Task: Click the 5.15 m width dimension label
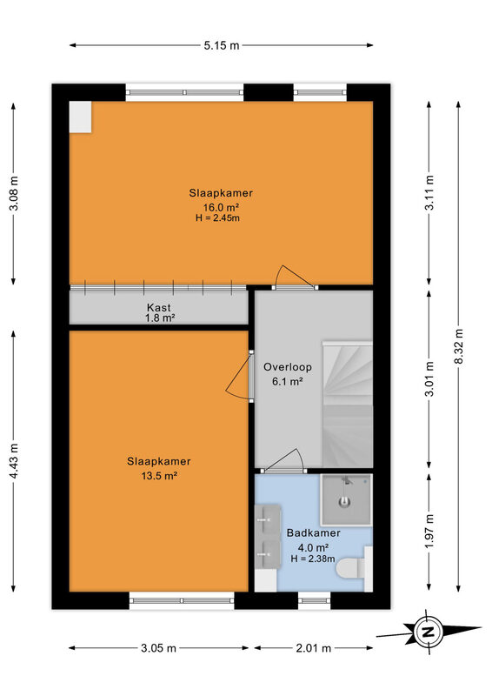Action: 222,45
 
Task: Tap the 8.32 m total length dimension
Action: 459,346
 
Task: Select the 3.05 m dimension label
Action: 158,648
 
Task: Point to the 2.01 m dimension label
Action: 313,648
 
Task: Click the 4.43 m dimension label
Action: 14,461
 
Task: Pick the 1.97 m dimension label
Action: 429,531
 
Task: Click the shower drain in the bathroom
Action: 345,502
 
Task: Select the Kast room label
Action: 159,307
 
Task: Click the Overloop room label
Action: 288,367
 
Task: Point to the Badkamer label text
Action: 313,532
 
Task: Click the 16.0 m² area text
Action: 221,207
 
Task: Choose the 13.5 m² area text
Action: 159,476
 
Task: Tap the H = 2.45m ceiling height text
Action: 217,218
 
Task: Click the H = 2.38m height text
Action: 313,559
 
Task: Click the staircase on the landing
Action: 347,404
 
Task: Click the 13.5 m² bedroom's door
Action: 241,377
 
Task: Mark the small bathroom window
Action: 314,600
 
